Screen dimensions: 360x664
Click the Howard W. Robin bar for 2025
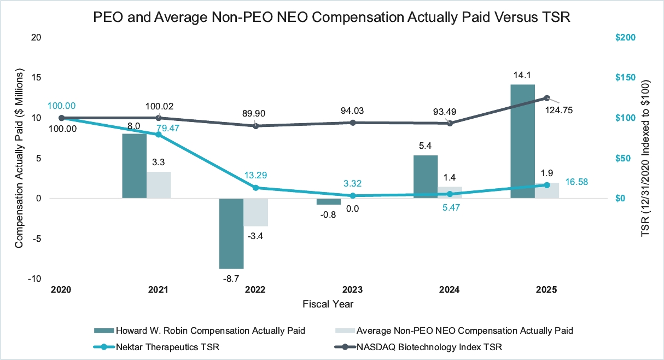[523, 141]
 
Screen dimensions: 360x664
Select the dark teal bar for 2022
[231, 233]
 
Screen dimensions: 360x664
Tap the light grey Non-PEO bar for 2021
[159, 185]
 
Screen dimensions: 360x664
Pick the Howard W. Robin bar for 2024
[426, 177]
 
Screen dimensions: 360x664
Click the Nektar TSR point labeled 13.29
[255, 188]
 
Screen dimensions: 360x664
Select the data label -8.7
[230, 278]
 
